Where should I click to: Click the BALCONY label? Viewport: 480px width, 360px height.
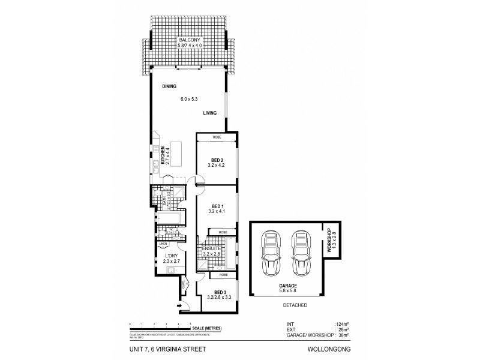[x=188, y=39]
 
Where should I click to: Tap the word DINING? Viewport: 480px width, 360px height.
[x=169, y=86]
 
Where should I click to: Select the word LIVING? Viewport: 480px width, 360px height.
[x=209, y=112]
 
